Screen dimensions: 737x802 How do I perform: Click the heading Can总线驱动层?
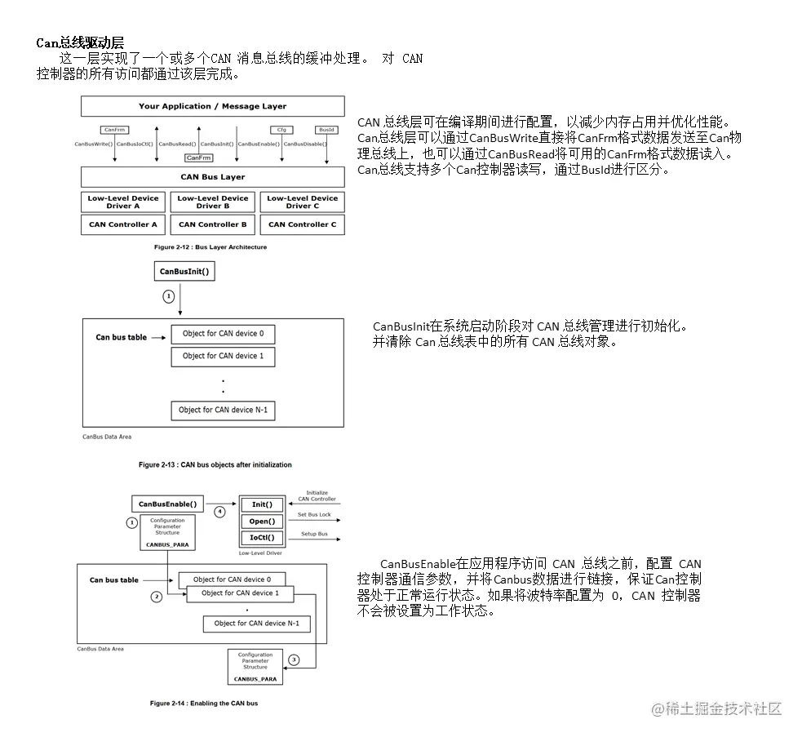pos(80,42)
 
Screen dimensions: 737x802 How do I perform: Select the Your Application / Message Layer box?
pos(212,106)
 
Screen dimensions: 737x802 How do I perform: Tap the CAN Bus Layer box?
pos(212,176)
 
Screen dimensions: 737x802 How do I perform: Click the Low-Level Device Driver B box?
pos(212,202)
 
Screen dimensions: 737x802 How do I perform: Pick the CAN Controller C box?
pos(302,224)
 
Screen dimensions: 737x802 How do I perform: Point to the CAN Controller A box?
pos(123,224)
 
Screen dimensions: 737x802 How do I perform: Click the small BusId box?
pos(326,130)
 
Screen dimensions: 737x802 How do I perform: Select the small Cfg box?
pos(281,130)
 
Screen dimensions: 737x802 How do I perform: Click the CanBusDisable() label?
pos(305,144)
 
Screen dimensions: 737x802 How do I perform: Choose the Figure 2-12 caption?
pos(210,246)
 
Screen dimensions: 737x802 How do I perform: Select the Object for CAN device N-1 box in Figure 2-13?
pos(223,410)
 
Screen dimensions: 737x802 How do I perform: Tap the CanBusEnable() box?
pos(167,504)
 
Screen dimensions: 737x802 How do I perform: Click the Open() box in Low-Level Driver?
pos(262,522)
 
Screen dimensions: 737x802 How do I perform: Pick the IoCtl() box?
pos(262,538)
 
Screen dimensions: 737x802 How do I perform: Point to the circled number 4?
pos(219,512)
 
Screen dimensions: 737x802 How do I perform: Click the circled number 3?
pos(294,659)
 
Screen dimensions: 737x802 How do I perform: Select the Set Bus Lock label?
pos(314,515)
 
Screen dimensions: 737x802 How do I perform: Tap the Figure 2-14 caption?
pos(203,703)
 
